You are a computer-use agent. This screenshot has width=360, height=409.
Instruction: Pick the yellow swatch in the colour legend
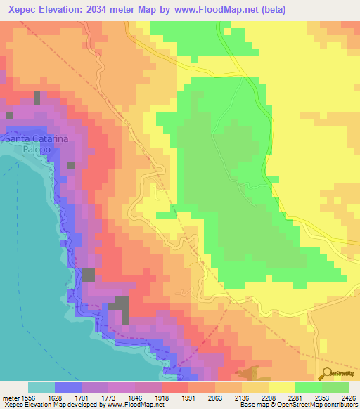(281, 387)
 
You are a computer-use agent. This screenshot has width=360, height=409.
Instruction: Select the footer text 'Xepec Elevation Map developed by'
(52, 405)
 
